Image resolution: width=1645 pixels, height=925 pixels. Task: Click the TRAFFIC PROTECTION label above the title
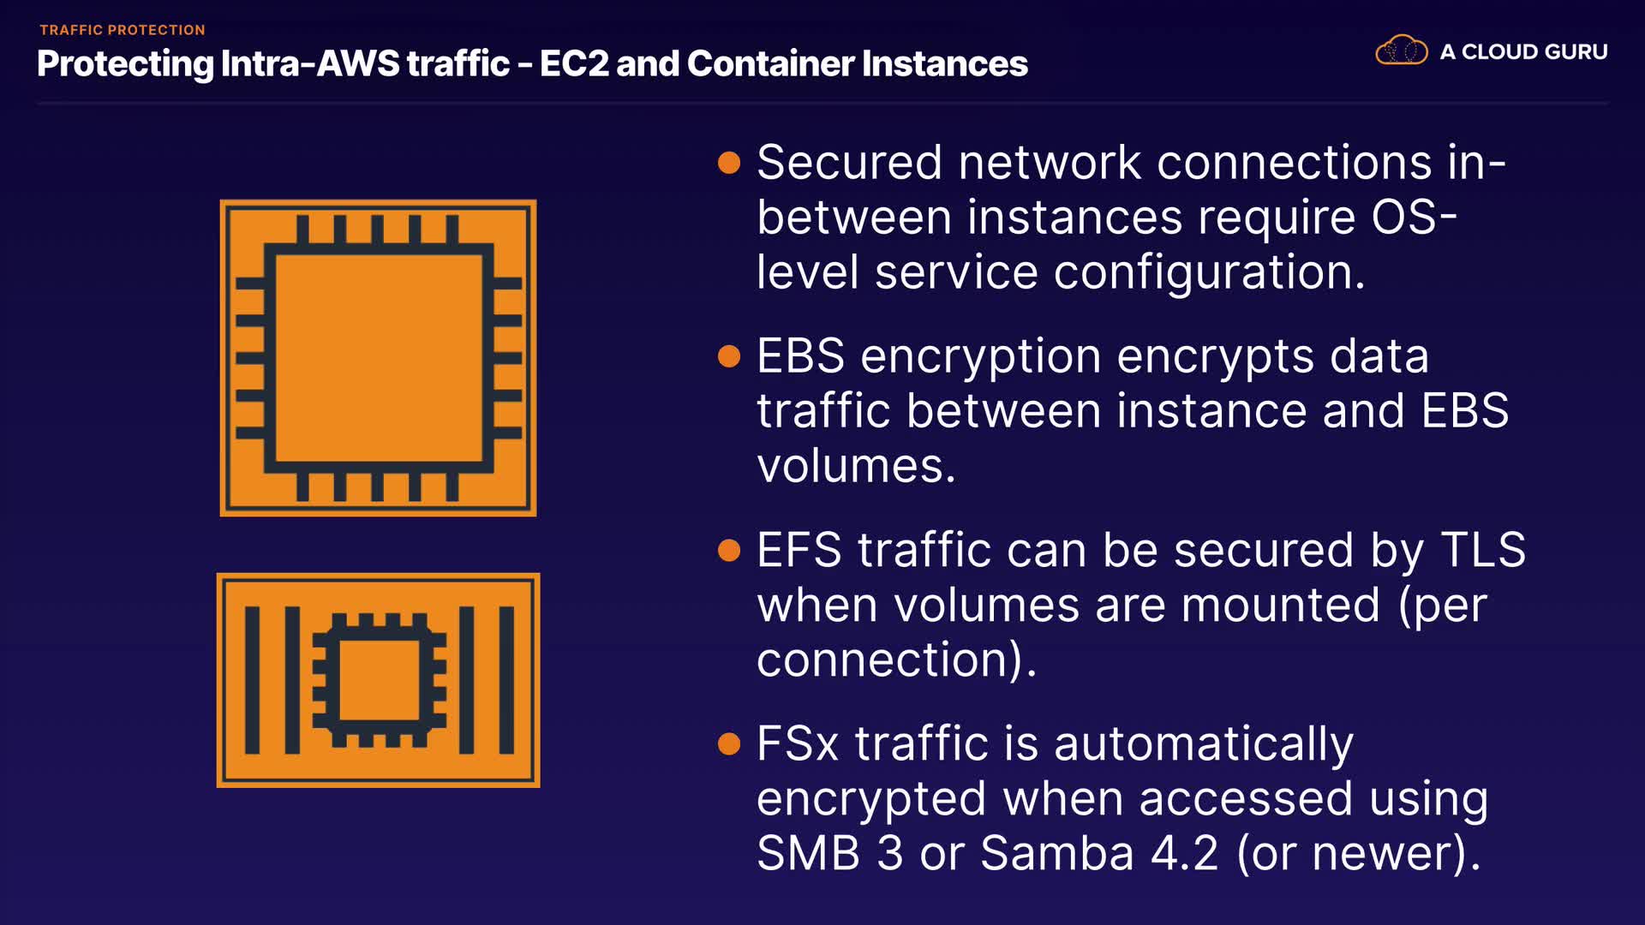pyautogui.click(x=123, y=30)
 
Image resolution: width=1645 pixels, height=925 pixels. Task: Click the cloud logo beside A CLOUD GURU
pyautogui.click(x=1401, y=51)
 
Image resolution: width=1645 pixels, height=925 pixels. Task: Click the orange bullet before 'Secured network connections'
pyautogui.click(x=729, y=163)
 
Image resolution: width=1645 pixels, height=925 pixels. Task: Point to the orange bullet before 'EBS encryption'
pyautogui.click(x=729, y=356)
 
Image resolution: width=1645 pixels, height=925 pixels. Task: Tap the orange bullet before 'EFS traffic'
pyautogui.click(x=729, y=550)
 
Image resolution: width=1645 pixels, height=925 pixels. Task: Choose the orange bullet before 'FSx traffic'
pyautogui.click(x=729, y=743)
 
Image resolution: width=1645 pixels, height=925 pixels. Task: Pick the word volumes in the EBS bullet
pyautogui.click(x=855, y=467)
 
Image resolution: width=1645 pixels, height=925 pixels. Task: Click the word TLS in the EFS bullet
pyautogui.click(x=1483, y=550)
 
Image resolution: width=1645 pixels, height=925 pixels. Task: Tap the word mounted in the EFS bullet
pyautogui.click(x=1281, y=606)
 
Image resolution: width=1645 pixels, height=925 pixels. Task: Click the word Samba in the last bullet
pyautogui.click(x=1056, y=853)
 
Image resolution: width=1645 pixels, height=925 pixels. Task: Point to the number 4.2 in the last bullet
pyautogui.click(x=1184, y=853)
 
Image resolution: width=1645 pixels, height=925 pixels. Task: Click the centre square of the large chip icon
pyautogui.click(x=379, y=358)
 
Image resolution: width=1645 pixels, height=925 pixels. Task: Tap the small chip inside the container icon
pyautogui.click(x=379, y=680)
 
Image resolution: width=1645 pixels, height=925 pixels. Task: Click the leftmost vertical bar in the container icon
pyautogui.click(x=252, y=680)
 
